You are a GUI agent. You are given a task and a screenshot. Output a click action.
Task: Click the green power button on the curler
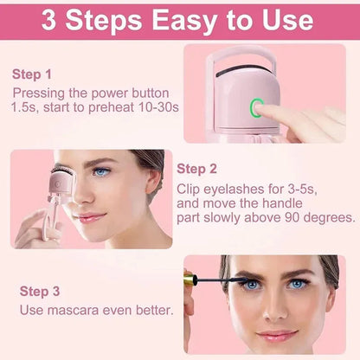click(257, 108)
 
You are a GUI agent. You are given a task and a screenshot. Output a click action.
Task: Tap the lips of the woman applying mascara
click(277, 336)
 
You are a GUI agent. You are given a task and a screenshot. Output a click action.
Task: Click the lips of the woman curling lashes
click(91, 217)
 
